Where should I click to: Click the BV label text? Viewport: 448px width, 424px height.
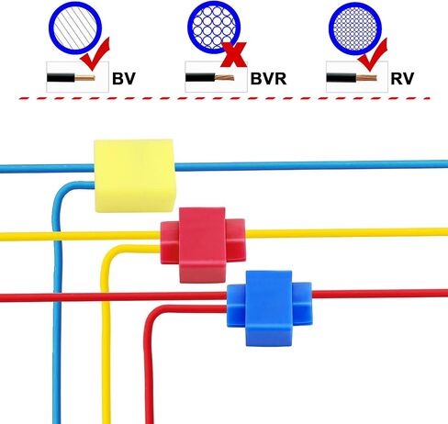point(124,79)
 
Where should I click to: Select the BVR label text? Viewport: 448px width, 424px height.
point(268,79)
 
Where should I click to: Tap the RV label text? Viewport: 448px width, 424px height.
point(402,79)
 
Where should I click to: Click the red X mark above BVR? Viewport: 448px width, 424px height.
point(234,54)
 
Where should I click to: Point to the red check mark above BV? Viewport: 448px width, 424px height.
point(95,54)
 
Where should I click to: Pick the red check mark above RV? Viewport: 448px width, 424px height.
point(374,54)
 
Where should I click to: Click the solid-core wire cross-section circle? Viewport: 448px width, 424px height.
point(75,28)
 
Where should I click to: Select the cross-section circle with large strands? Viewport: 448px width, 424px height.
point(214,28)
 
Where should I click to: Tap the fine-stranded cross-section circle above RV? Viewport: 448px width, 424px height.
point(355,28)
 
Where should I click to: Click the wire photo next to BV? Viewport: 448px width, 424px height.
point(77,77)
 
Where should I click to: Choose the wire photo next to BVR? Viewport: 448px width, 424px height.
point(216,77)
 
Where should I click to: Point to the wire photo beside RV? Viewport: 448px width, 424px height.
point(357,77)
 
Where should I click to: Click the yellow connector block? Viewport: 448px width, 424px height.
point(134,175)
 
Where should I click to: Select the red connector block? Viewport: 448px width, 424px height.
point(203,245)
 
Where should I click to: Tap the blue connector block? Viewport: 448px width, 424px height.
point(269,308)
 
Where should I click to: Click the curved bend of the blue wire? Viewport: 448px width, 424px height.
point(62,190)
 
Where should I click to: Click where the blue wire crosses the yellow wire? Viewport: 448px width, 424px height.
point(57,237)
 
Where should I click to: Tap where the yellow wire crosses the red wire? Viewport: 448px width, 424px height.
point(106,296)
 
